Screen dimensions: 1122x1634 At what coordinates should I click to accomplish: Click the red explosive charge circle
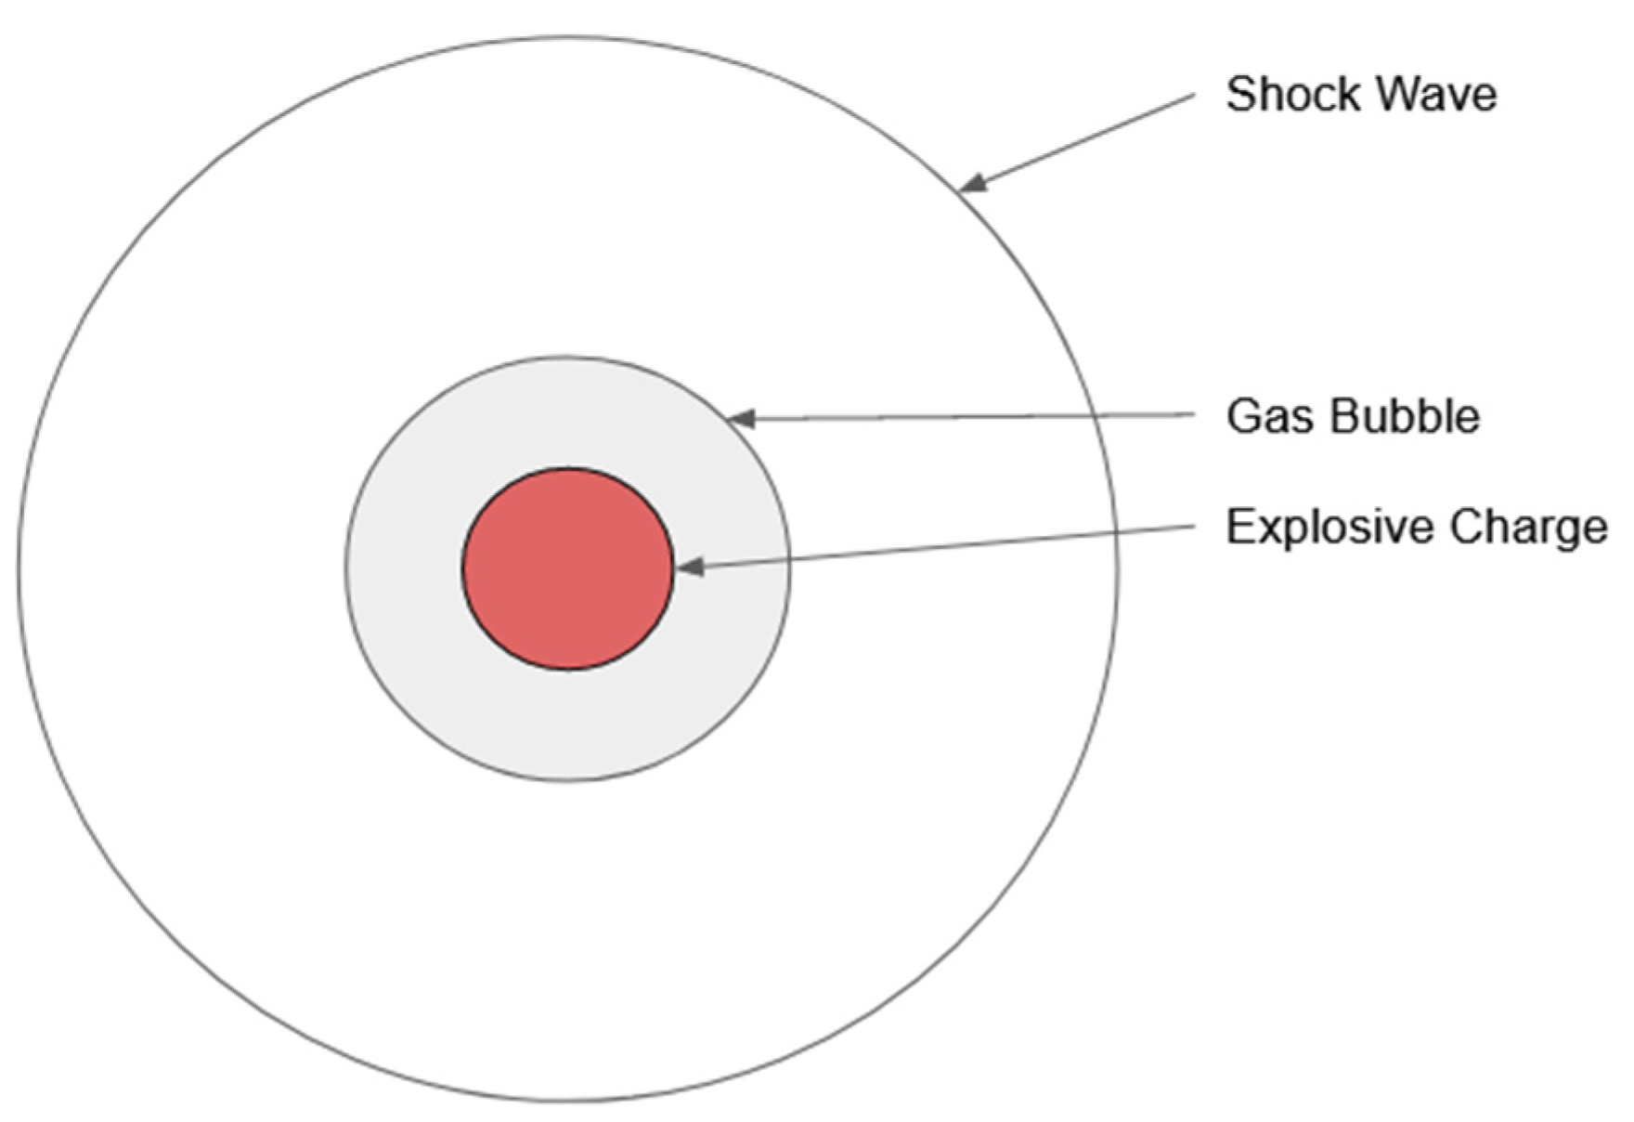(567, 568)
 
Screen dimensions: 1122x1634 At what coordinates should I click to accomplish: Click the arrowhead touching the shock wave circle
(970, 185)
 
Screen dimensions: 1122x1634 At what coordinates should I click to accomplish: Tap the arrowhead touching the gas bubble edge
(740, 419)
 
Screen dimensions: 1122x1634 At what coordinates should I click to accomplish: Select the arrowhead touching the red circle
(687, 567)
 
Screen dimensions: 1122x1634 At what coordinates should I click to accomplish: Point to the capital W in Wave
(1392, 95)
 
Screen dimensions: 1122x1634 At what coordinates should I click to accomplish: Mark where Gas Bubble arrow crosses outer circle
(1106, 416)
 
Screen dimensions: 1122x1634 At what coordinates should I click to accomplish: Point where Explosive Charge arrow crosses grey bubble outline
(789, 559)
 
